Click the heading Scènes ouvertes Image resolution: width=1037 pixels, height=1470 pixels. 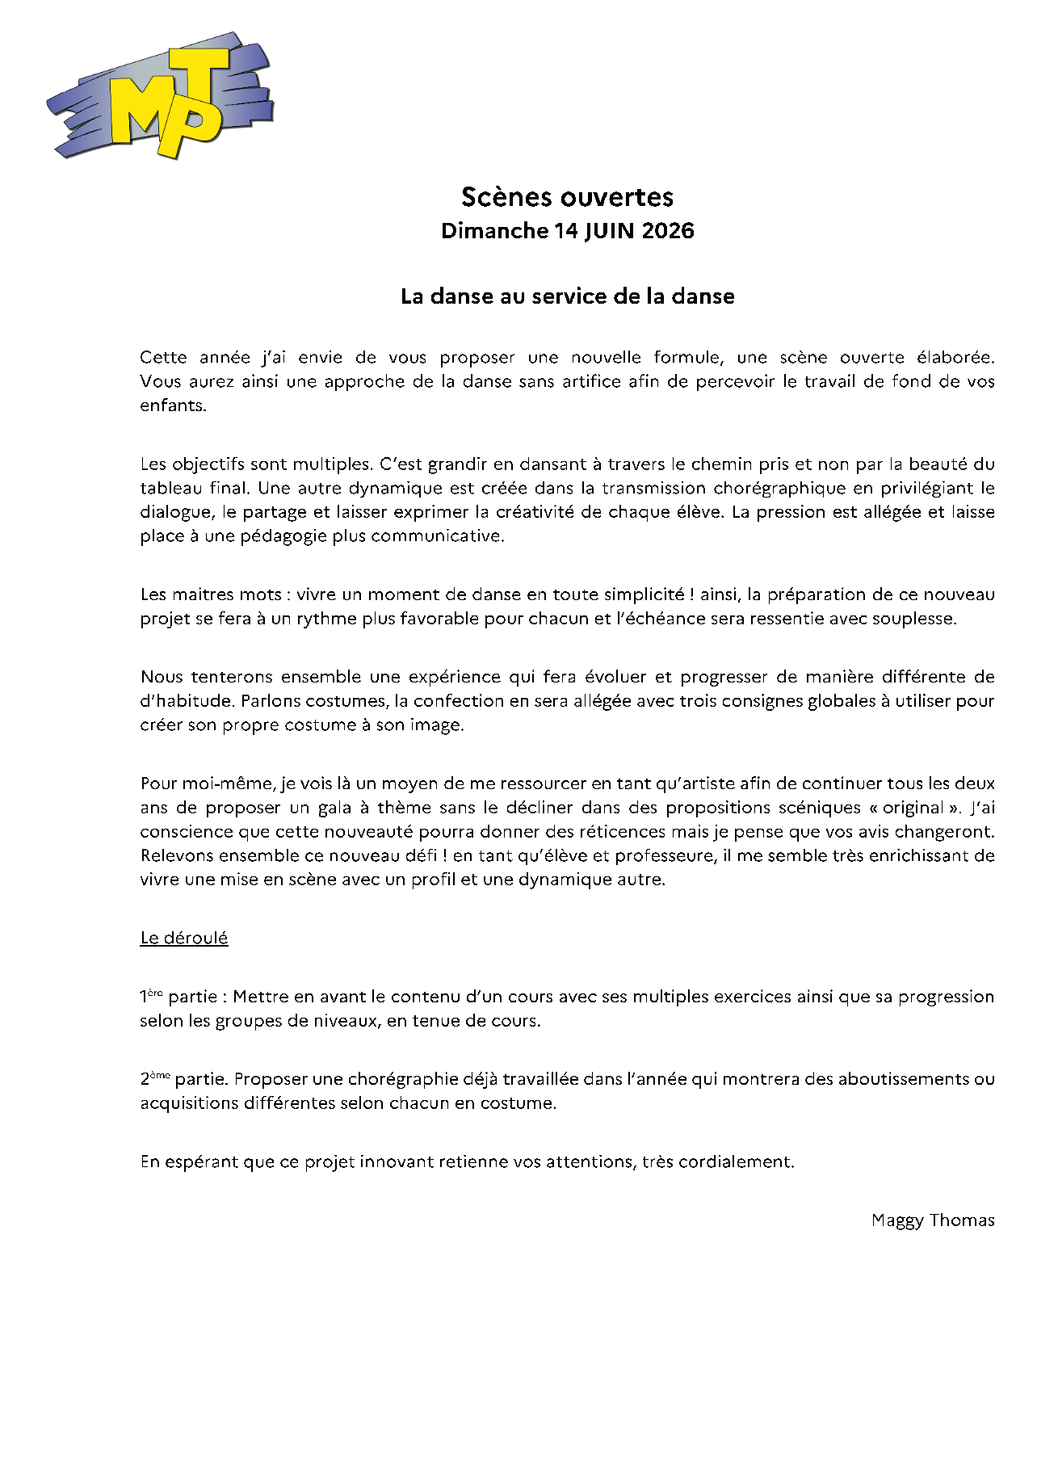pos(567,197)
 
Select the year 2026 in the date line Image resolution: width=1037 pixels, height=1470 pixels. pos(668,231)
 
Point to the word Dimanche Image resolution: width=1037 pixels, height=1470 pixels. pos(494,231)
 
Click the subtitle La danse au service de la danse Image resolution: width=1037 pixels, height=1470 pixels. pos(567,296)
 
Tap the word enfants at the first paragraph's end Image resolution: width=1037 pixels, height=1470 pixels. pos(172,405)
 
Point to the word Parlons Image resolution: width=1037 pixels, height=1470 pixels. pos(269,701)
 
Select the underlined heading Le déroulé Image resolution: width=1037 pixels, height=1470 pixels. pos(184,938)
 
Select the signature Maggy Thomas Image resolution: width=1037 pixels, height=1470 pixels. pos(933,1220)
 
